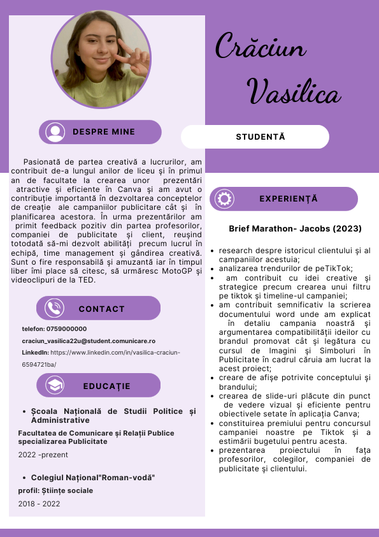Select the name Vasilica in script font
(x=294, y=92)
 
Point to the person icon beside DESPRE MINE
(x=56, y=132)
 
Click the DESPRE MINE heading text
(x=104, y=132)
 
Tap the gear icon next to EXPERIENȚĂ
(x=225, y=199)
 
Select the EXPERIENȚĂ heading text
(x=289, y=199)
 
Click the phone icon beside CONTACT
(x=54, y=309)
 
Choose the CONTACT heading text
(x=102, y=309)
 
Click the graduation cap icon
(x=55, y=386)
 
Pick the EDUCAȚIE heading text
(x=106, y=386)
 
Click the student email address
(x=89, y=341)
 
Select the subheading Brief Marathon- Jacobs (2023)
(x=295, y=228)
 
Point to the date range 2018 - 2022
(x=39, y=504)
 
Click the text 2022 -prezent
(x=43, y=455)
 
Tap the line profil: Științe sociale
(x=55, y=490)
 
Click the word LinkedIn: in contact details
(x=35, y=352)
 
